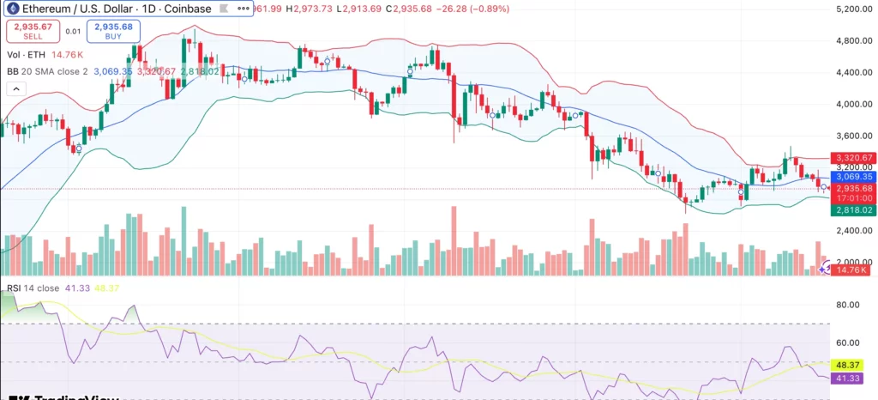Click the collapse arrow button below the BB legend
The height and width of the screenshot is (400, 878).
(x=15, y=88)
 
